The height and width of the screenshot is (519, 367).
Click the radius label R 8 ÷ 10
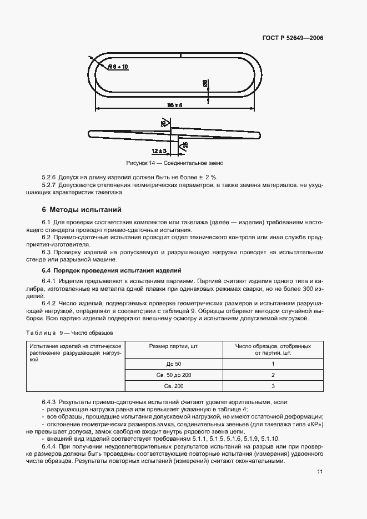click(118, 67)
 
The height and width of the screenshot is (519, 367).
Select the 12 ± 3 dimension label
click(159, 151)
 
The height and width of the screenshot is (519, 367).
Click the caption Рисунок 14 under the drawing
click(174, 164)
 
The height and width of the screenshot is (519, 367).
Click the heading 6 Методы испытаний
click(82, 210)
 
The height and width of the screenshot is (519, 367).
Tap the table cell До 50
click(173, 364)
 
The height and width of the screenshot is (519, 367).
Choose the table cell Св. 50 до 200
click(173, 375)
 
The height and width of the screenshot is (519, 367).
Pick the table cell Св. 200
click(173, 386)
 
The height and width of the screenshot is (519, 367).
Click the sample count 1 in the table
click(273, 364)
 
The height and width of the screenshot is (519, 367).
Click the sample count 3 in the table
click(273, 386)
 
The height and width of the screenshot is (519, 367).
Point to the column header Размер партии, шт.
click(173, 346)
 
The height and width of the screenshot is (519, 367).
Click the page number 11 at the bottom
click(320, 472)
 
